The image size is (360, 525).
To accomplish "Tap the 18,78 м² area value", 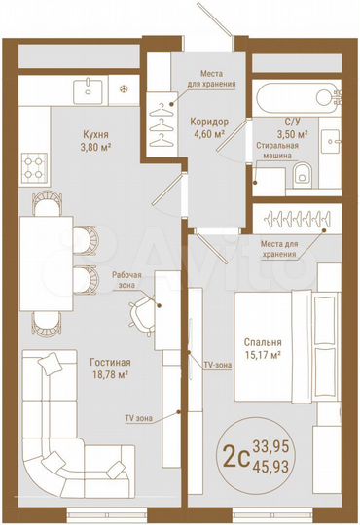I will [110, 375].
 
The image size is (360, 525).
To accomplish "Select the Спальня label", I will [264, 342].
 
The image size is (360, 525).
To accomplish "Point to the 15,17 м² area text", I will [264, 356].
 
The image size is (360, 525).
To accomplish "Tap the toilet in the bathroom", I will [304, 174].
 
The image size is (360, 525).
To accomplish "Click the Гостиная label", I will [110, 362].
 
